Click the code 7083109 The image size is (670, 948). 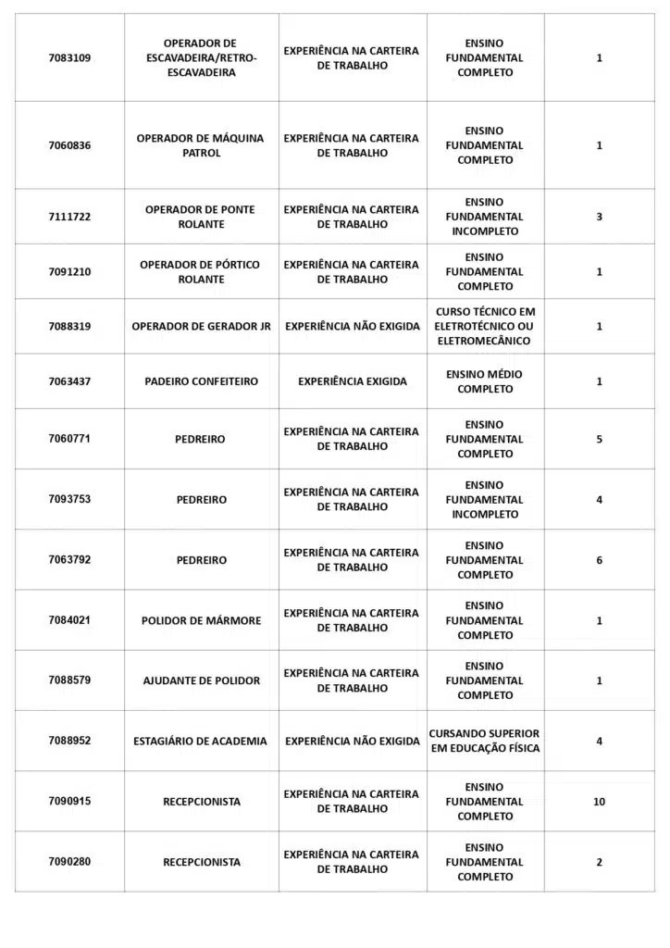[x=69, y=57]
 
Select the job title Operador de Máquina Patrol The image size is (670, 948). [x=200, y=145]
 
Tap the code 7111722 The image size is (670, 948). [x=69, y=217]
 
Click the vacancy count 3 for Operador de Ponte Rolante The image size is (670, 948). [x=599, y=217]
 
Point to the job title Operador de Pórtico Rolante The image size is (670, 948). [x=200, y=271]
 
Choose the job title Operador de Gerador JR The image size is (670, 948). [x=201, y=326]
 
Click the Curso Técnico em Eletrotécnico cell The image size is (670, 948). [x=485, y=326]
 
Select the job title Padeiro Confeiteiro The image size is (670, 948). [x=201, y=381]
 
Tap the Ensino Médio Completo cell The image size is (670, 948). [x=485, y=381]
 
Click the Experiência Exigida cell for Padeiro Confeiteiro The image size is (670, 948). [x=352, y=381]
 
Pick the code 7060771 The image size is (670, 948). [x=69, y=439]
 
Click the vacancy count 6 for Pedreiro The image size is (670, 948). [x=599, y=560]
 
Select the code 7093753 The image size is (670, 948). [x=69, y=499]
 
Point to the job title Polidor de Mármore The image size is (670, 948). [x=201, y=620]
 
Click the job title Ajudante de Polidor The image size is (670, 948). [x=201, y=680]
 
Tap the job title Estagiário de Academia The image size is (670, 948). [x=200, y=741]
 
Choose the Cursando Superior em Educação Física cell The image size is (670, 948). [x=485, y=741]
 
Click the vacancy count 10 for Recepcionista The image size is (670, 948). [x=599, y=802]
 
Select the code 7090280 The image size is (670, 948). [x=69, y=862]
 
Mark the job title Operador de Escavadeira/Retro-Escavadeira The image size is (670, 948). [x=200, y=57]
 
